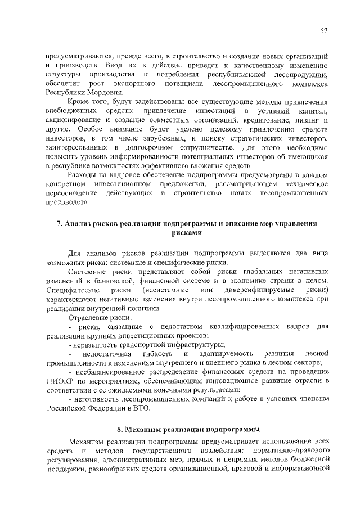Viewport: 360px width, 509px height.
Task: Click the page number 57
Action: [x=324, y=30]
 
